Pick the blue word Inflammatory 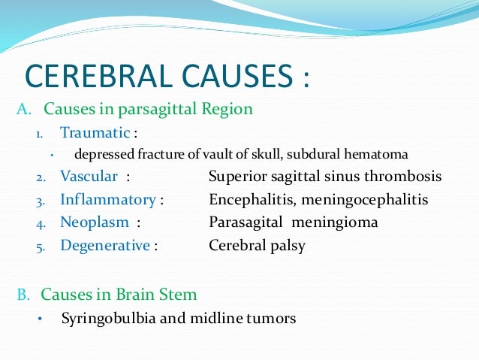click(108, 200)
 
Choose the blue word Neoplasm click(95, 222)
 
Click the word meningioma click(335, 222)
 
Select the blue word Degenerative click(105, 246)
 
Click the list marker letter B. click(23, 293)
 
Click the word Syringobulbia click(107, 318)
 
